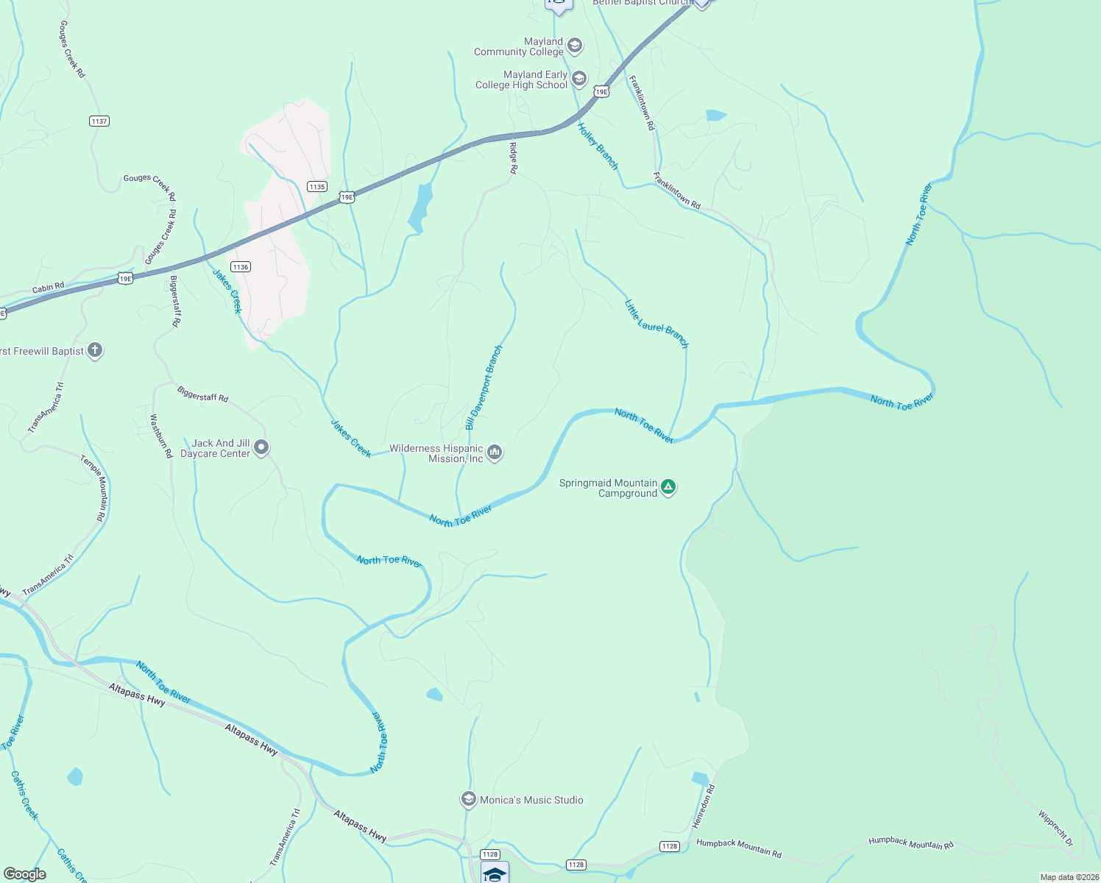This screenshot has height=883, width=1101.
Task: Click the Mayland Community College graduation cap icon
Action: click(x=575, y=46)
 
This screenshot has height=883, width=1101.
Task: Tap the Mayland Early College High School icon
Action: click(x=579, y=79)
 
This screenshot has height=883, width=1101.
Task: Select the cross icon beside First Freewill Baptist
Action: click(x=95, y=350)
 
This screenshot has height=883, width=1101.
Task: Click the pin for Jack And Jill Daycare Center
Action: click(x=261, y=447)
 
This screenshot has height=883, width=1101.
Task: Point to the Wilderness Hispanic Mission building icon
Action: click(x=495, y=453)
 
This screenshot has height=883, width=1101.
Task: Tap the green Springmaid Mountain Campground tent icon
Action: click(x=668, y=487)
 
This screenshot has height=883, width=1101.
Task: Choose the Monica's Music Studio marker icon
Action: click(x=468, y=799)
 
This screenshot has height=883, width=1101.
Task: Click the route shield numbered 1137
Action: click(x=99, y=121)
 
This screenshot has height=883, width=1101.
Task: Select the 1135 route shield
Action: click(x=317, y=187)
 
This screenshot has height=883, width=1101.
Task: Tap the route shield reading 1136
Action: click(x=240, y=267)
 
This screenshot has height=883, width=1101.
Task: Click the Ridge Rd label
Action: click(x=513, y=158)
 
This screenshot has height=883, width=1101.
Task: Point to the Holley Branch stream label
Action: click(x=598, y=146)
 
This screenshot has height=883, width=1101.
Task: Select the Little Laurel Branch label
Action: click(x=656, y=324)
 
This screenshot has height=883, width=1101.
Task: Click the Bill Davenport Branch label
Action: click(x=484, y=388)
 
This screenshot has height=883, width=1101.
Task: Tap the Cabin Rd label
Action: click(x=48, y=288)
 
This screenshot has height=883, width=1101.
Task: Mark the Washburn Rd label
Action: click(x=160, y=436)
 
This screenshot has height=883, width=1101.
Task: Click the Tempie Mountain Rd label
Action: click(x=93, y=488)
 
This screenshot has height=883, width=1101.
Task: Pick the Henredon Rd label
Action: click(x=703, y=806)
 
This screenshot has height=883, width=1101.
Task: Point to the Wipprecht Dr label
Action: click(x=1055, y=829)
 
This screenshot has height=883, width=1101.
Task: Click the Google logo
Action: click(x=25, y=873)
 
